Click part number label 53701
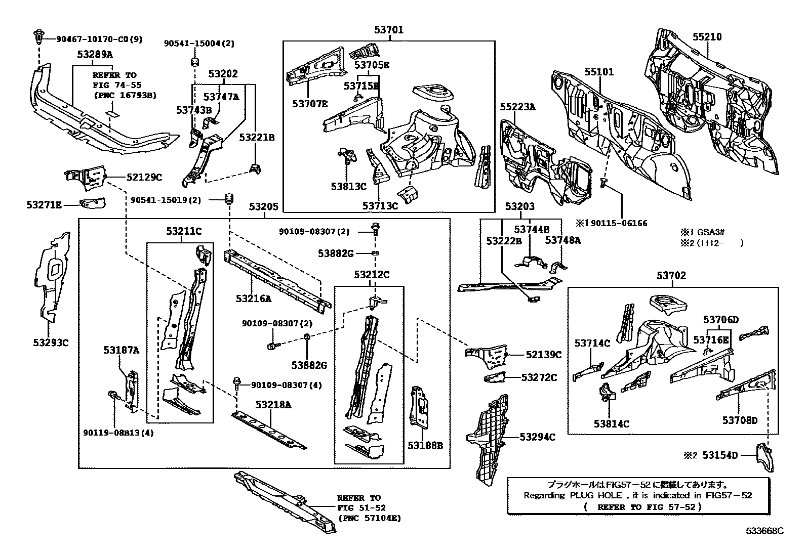[389, 30]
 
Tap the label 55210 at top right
[707, 37]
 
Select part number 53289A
[95, 54]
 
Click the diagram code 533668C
[764, 531]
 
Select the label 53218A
[273, 405]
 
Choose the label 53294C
[537, 437]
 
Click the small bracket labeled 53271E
[93, 203]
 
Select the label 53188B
[425, 445]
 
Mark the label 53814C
[612, 423]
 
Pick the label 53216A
[253, 298]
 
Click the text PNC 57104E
[369, 518]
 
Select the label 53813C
[348, 186]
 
